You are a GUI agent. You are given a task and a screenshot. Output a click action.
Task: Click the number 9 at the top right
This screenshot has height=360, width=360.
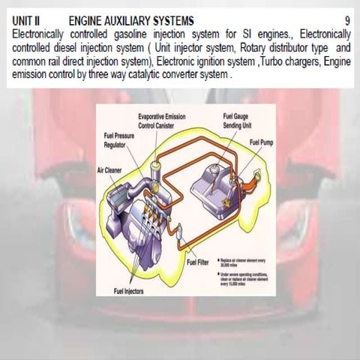[x=347, y=19]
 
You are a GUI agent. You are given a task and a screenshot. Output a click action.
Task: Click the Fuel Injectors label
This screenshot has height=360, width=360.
[x=129, y=290]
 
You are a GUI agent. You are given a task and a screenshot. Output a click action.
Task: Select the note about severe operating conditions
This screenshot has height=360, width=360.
[x=242, y=278]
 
